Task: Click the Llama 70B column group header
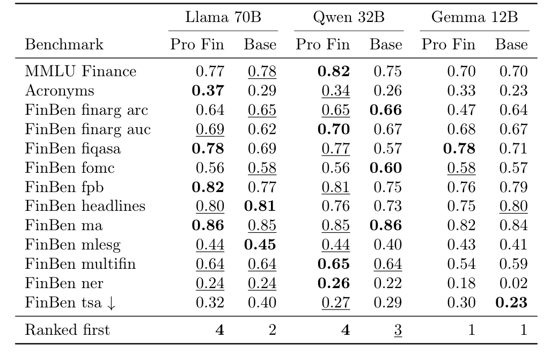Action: [x=223, y=17]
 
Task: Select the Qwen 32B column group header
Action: [x=349, y=17]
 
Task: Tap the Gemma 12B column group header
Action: [x=474, y=17]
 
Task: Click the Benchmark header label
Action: [x=64, y=44]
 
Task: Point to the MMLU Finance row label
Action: [x=80, y=71]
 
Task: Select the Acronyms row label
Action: [x=60, y=91]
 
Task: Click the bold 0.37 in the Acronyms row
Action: [x=208, y=91]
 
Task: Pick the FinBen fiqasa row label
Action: [x=73, y=149]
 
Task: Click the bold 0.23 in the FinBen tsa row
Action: [x=511, y=303]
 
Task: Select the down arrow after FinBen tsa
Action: [x=111, y=303]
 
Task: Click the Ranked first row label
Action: [x=67, y=329]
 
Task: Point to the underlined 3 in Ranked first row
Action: [x=398, y=329]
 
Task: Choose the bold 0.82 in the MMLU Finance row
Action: [x=334, y=71]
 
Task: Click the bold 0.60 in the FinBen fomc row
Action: [x=386, y=168]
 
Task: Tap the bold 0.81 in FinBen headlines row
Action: [x=260, y=206]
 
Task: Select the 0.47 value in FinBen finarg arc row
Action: [x=460, y=110]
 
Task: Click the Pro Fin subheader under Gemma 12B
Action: [x=448, y=44]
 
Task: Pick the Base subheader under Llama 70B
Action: [x=260, y=44]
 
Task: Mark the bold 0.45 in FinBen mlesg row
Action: [x=260, y=245]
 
